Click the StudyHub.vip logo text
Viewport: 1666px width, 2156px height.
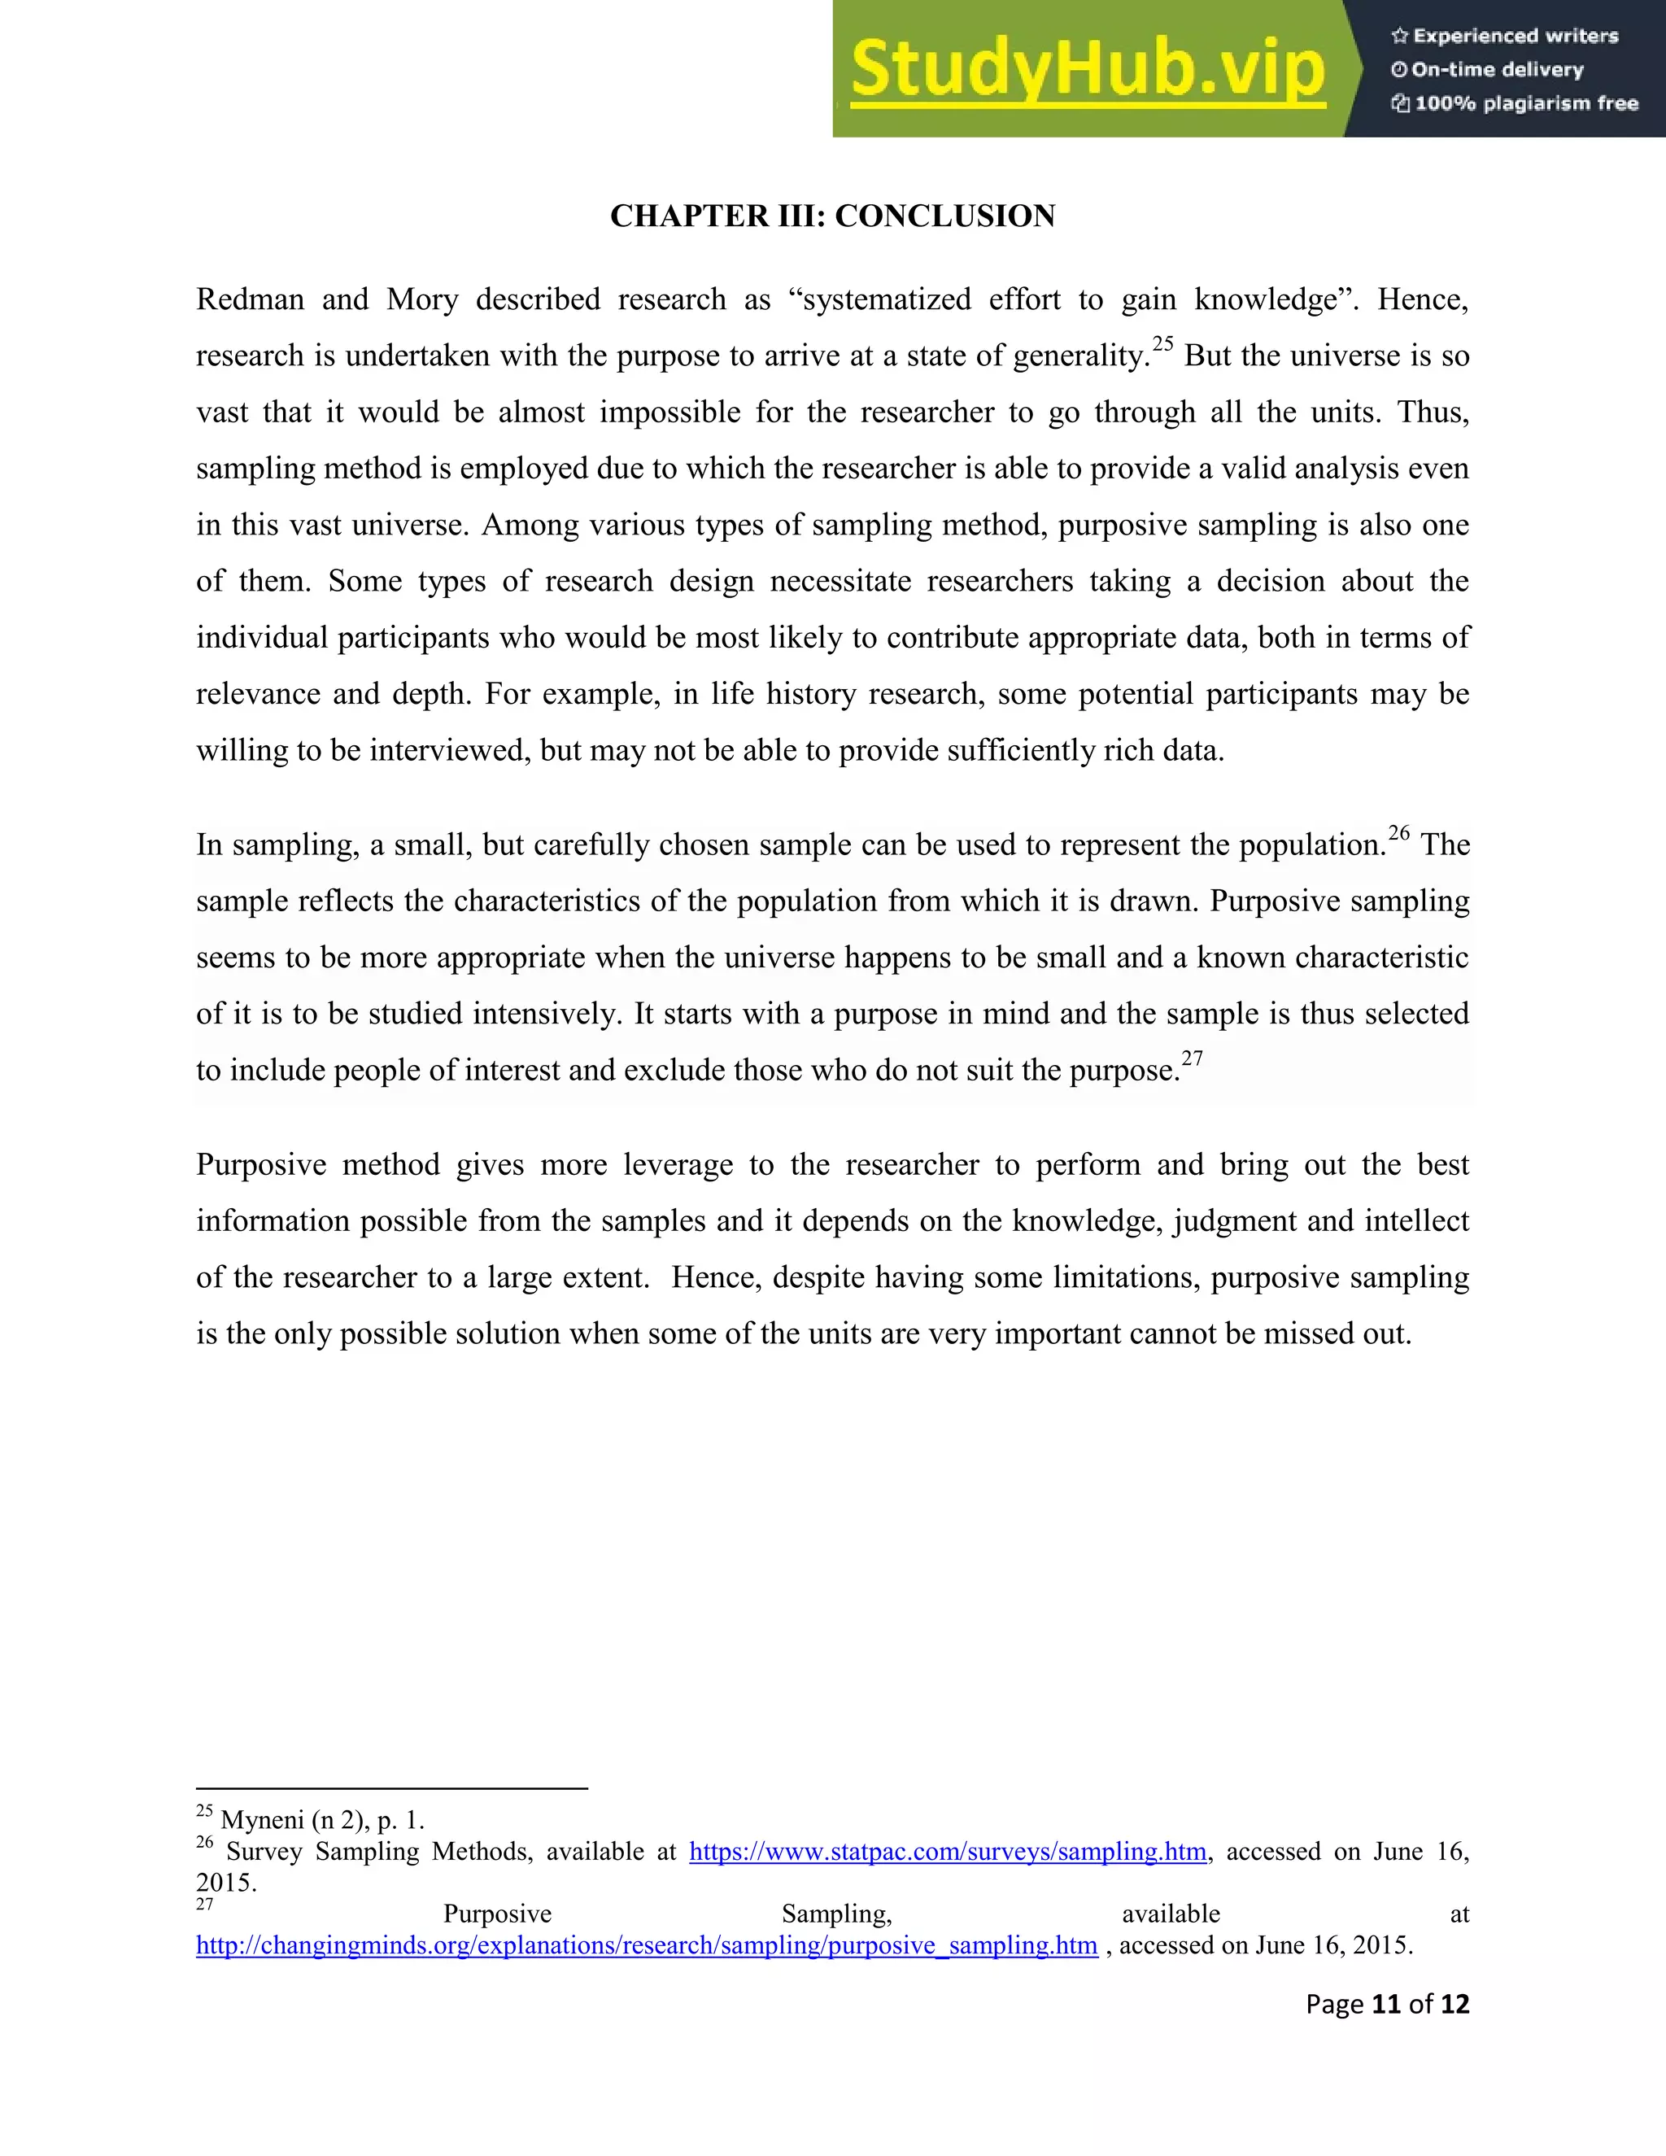[1087, 69]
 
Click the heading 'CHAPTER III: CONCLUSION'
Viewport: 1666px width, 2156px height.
[832, 216]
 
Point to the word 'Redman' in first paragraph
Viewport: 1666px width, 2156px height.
[250, 299]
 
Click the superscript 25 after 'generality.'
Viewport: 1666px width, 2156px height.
[1162, 343]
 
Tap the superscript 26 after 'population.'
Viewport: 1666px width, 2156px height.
[1398, 833]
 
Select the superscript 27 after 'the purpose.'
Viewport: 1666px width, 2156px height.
[1193, 1058]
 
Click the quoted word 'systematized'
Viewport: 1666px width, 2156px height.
[881, 299]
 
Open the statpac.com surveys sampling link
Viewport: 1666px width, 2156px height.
[948, 1851]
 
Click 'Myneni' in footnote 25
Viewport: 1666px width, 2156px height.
[262, 1820]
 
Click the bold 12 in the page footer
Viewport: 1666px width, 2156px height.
[1454, 2004]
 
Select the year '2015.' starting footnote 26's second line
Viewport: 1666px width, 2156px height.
[226, 1883]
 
